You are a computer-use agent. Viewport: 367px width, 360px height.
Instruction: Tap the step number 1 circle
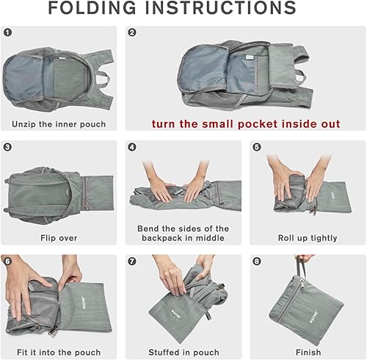9,33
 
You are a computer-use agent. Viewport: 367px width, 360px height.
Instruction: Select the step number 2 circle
132,33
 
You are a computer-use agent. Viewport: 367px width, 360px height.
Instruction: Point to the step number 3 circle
9,147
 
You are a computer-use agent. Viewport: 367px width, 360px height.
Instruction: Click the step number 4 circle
132,147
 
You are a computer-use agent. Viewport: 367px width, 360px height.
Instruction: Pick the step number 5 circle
256,147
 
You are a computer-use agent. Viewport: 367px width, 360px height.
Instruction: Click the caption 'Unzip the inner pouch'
59,123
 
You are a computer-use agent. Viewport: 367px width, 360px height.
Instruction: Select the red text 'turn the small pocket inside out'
246,123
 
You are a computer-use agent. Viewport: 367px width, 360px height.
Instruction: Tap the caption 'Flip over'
59,238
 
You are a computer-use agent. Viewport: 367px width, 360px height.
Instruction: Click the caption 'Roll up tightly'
308,238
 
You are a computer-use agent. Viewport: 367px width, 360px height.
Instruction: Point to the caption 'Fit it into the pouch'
59,352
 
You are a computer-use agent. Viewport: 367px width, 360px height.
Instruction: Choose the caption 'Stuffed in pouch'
183,352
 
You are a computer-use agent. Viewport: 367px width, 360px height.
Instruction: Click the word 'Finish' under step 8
308,352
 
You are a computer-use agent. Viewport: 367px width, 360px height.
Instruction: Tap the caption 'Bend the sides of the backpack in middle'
183,233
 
